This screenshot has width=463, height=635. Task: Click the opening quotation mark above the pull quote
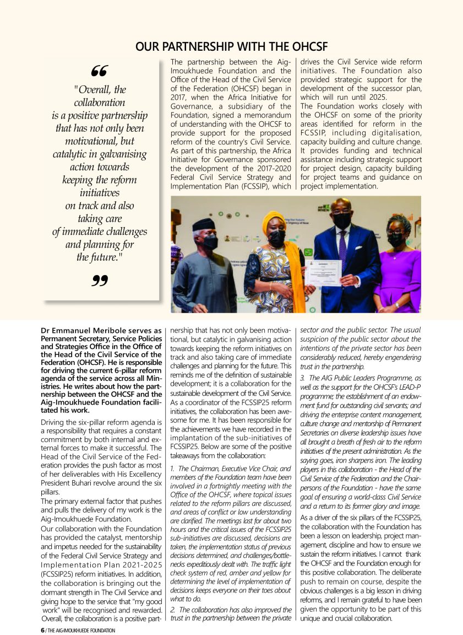point(100,71)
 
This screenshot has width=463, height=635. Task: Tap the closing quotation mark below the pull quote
point(100,281)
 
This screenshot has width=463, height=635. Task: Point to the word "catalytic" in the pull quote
point(73,154)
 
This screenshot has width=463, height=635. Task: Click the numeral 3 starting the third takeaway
point(302,378)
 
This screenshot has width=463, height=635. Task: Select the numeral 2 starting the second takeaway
point(173,610)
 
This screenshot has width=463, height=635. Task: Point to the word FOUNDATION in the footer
point(99,631)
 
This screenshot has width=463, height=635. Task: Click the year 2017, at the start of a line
point(180,97)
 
